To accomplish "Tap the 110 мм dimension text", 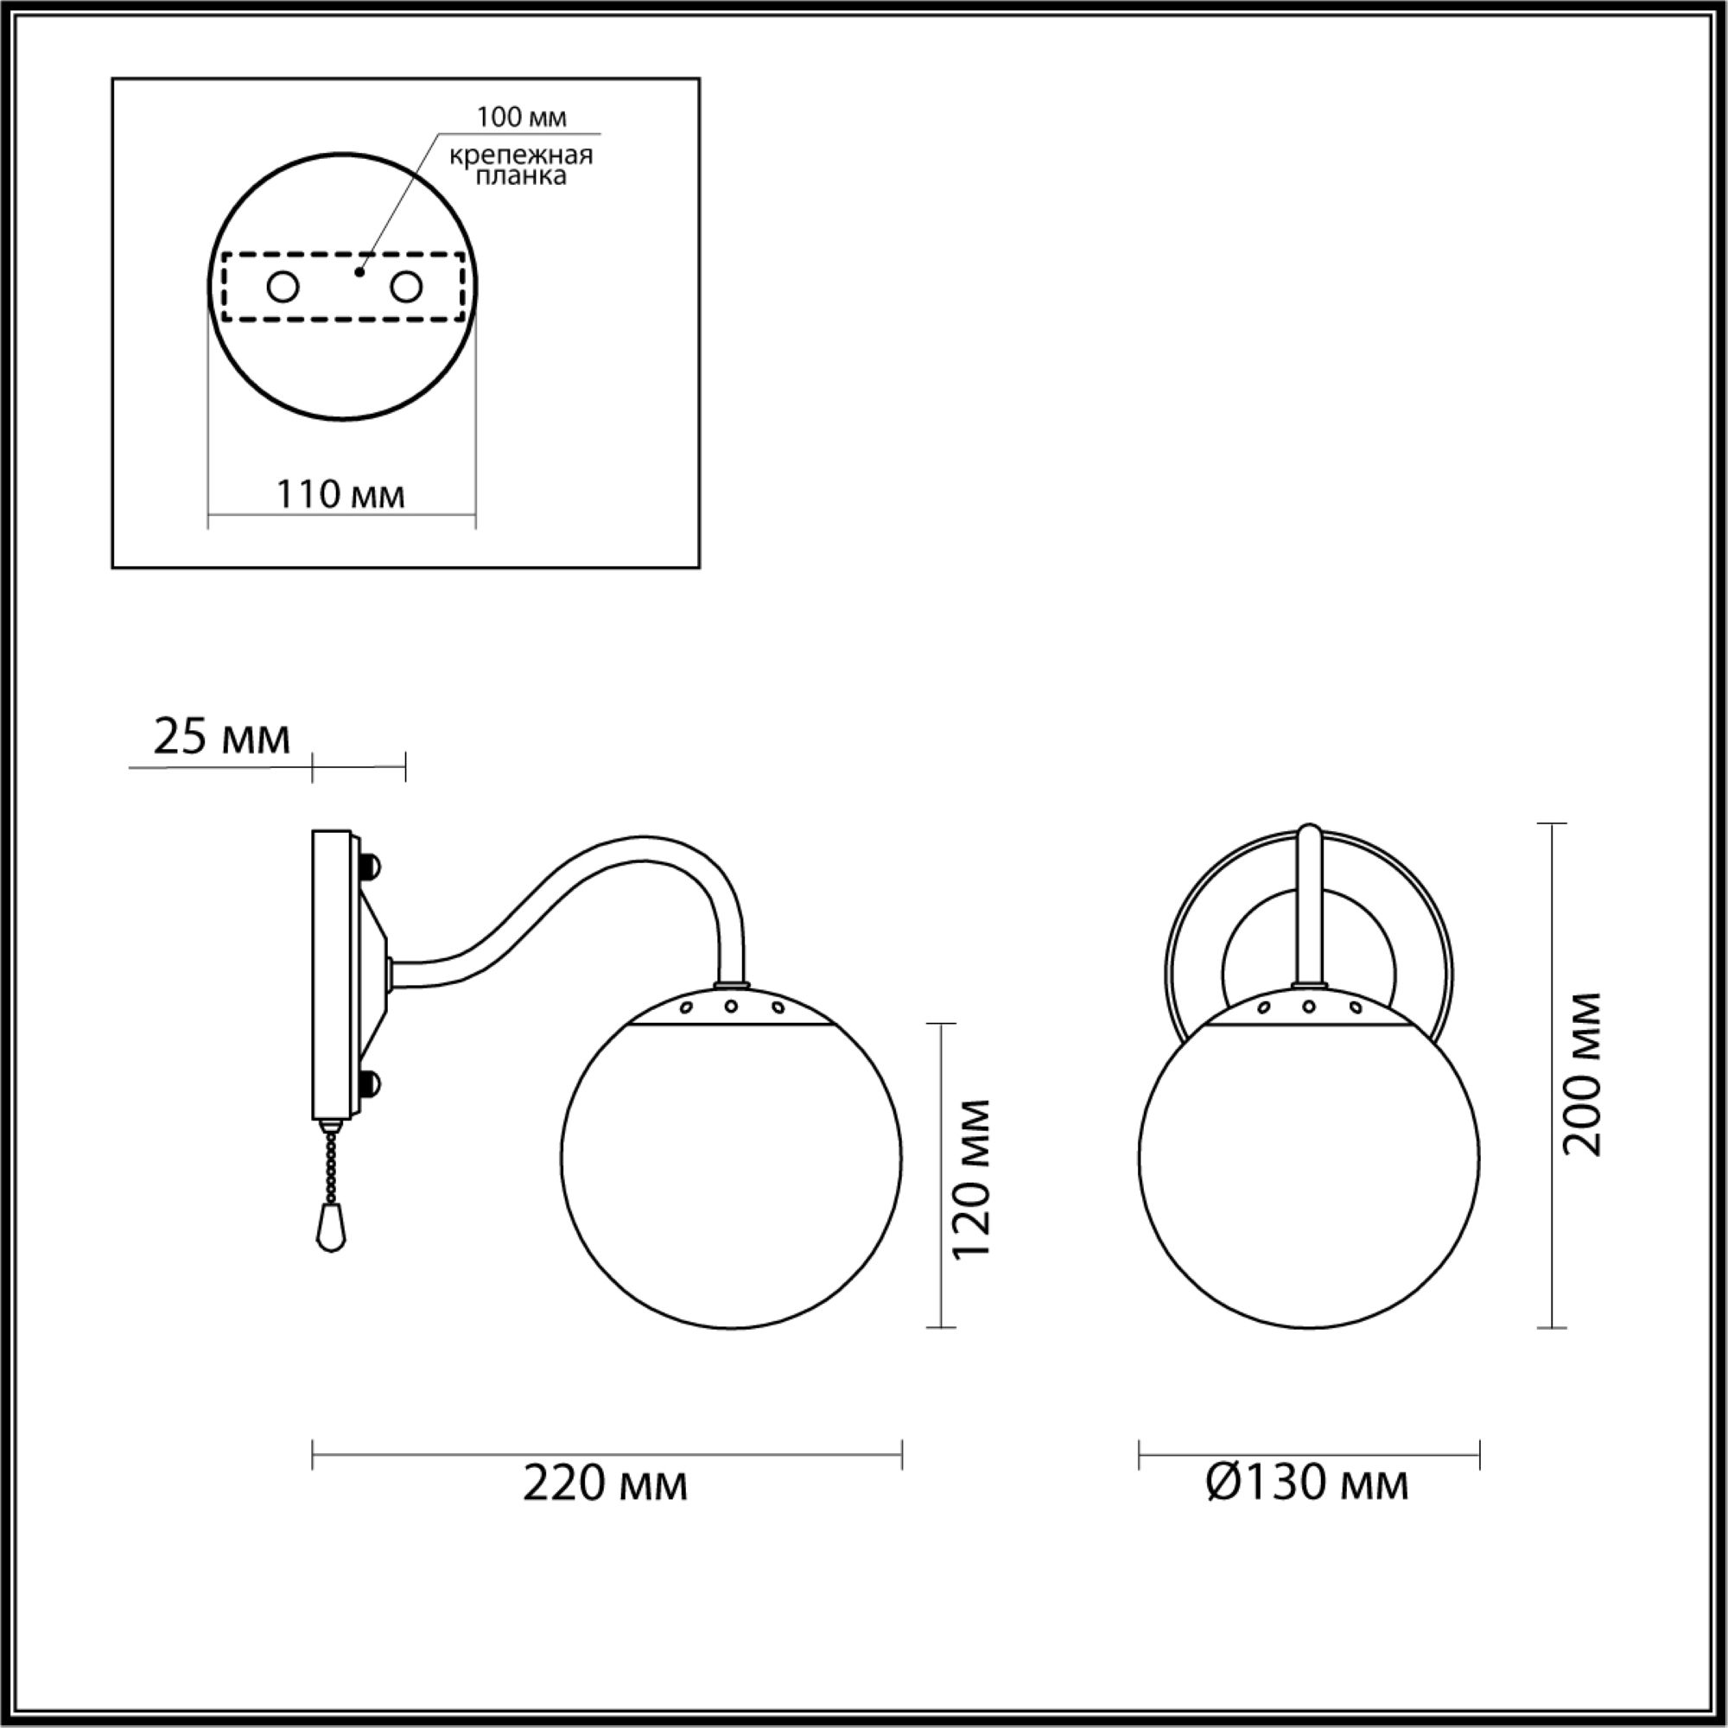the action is (x=340, y=493).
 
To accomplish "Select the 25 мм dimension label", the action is (x=222, y=738).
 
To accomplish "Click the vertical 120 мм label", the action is (x=971, y=1179).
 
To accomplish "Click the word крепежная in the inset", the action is (x=522, y=156).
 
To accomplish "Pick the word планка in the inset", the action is (x=522, y=175).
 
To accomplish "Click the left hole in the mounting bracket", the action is (x=283, y=288).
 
